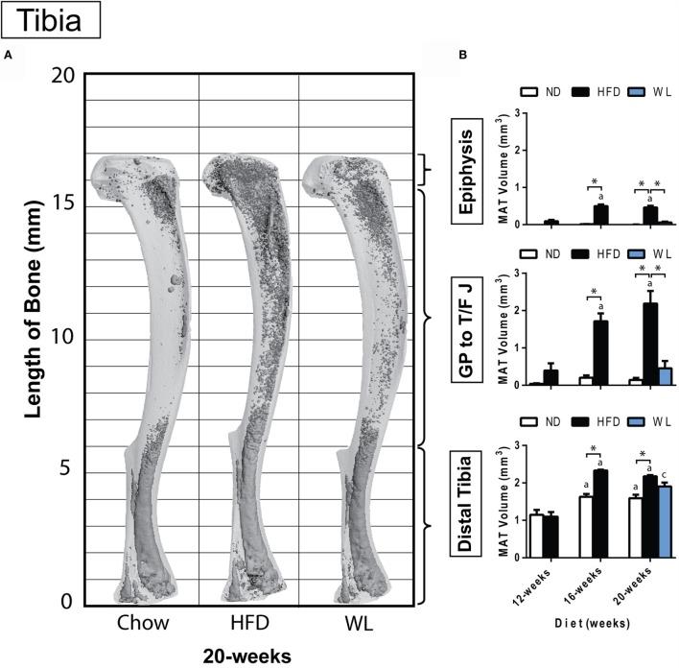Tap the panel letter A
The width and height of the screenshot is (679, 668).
click(9, 57)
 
